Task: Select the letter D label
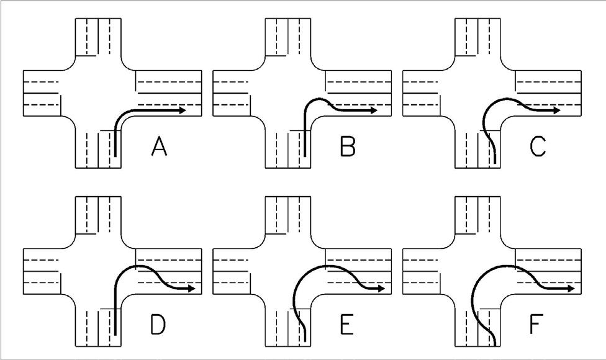(158, 325)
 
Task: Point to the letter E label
(348, 325)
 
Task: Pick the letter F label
(538, 325)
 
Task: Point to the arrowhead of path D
(192, 289)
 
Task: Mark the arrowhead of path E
(381, 289)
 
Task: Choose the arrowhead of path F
(570, 289)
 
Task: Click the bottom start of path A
(115, 157)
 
